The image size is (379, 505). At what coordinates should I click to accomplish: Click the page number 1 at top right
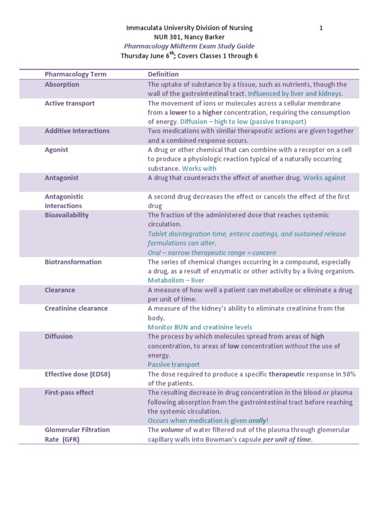point(321,28)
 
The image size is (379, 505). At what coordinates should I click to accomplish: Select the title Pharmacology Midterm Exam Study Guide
point(189,46)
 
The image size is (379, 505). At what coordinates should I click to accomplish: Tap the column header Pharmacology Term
point(76,74)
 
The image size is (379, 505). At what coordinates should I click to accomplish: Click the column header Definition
point(163,74)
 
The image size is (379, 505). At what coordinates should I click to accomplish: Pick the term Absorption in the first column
point(62,84)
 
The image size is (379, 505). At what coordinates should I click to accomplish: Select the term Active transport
point(70,103)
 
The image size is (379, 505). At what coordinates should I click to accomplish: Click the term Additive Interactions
point(77,131)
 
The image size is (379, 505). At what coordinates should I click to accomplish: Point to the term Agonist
point(57,149)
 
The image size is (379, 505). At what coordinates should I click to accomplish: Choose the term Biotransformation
point(74,262)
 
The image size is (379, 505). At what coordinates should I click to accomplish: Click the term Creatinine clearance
point(76,308)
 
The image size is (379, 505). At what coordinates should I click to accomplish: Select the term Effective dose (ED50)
point(77,374)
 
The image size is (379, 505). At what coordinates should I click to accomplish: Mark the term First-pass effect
point(69,393)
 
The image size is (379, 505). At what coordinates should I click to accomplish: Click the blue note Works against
point(324,178)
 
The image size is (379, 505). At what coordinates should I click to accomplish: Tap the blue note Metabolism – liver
point(176,280)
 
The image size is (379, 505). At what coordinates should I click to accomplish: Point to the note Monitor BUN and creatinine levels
point(200,327)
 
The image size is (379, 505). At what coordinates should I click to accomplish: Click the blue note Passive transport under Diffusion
point(174,364)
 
